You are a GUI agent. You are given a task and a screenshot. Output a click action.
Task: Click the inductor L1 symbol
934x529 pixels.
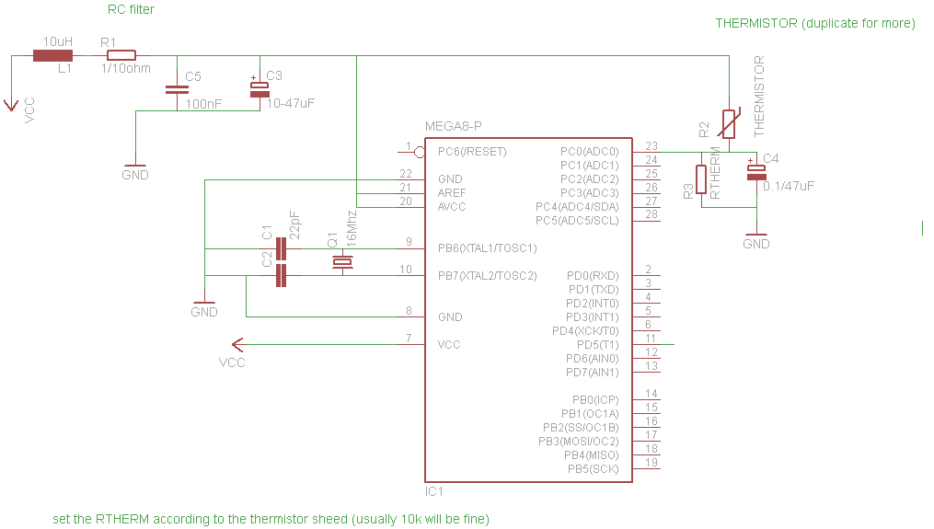point(52,55)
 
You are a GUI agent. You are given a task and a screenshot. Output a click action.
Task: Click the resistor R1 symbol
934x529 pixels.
point(121,55)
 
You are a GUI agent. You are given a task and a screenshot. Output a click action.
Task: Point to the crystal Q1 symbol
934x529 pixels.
point(341,263)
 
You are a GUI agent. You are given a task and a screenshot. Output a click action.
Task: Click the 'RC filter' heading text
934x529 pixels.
point(131,10)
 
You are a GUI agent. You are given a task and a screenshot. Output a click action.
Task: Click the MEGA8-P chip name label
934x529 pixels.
point(453,126)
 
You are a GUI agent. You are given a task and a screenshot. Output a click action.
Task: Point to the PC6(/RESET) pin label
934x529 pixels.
point(472,152)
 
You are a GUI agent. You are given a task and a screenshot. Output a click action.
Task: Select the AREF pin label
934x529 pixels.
point(452,193)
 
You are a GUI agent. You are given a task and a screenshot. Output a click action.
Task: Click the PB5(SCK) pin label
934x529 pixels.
point(594,469)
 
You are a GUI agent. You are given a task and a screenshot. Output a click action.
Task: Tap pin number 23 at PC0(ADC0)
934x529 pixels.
point(651,146)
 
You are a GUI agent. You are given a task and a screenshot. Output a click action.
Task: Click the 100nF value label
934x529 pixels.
point(203,105)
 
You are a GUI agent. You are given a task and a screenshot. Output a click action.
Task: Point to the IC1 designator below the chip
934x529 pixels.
point(434,492)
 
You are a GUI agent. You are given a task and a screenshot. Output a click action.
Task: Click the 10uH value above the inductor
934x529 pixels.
point(58,41)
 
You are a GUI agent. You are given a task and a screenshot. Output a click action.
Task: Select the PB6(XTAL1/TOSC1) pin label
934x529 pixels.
point(487,248)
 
